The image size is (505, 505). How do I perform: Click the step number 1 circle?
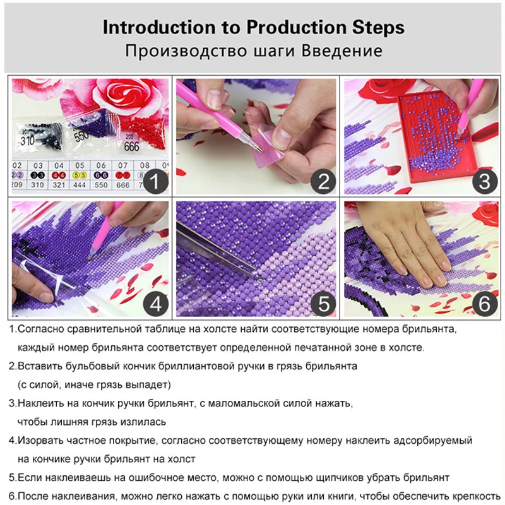pyautogui.click(x=155, y=181)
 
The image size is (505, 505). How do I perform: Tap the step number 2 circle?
pyautogui.click(x=323, y=181)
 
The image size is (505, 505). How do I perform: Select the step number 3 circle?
pyautogui.click(x=485, y=181)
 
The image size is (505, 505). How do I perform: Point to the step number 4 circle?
pyautogui.click(x=155, y=304)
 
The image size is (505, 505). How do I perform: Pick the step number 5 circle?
pyautogui.click(x=323, y=304)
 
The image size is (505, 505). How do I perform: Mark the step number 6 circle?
pyautogui.click(x=485, y=304)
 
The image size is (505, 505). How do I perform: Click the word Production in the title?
pyautogui.click(x=297, y=27)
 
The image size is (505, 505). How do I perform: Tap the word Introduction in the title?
pyautogui.click(x=159, y=27)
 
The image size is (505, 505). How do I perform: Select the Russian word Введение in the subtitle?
pyautogui.click(x=342, y=51)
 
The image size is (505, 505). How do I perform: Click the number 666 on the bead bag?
pyautogui.click(x=131, y=146)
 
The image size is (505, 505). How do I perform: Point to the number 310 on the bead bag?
pyautogui.click(x=27, y=140)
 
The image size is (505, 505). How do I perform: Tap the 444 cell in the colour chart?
pyautogui.click(x=80, y=185)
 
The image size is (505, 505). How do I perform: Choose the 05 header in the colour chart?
pyautogui.click(x=80, y=165)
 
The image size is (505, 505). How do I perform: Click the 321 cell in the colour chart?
pyautogui.click(x=59, y=185)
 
